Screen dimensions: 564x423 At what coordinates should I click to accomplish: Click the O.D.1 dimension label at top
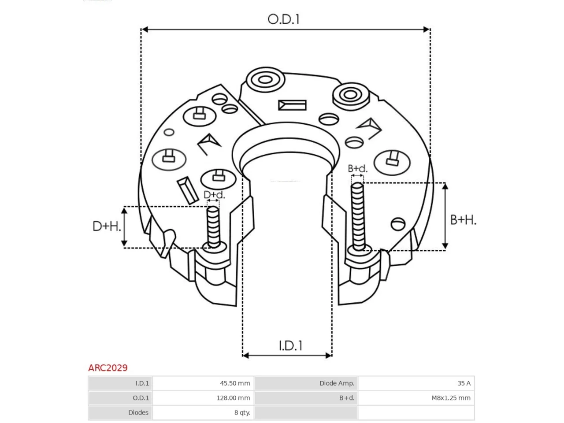pyautogui.click(x=283, y=19)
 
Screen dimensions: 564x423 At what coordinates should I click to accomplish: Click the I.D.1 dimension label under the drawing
pyautogui.click(x=290, y=346)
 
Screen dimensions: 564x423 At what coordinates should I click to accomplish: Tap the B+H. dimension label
pyautogui.click(x=463, y=220)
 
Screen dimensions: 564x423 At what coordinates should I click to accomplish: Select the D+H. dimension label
pyautogui.click(x=107, y=226)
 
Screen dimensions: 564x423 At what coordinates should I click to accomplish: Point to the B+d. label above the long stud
pyautogui.click(x=357, y=168)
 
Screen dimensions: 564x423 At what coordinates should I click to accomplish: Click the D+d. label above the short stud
pyautogui.click(x=214, y=195)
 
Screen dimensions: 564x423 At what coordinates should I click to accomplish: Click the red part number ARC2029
pyautogui.click(x=108, y=368)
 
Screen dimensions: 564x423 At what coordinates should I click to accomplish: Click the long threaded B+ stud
pyautogui.click(x=357, y=216)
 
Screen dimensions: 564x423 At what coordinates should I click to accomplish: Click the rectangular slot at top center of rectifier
pyautogui.click(x=292, y=105)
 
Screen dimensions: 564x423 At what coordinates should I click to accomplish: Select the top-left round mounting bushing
pyautogui.click(x=265, y=80)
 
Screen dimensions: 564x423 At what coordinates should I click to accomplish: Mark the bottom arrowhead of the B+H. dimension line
pyautogui.click(x=445, y=245)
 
